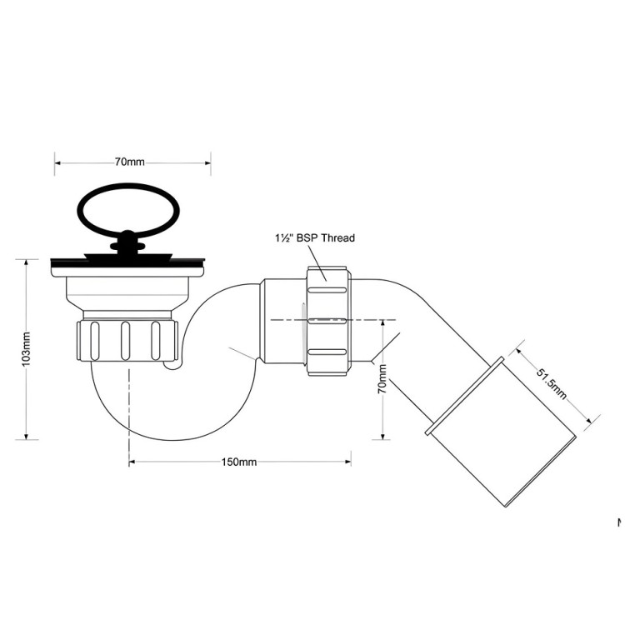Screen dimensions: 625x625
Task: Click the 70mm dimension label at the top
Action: (130, 162)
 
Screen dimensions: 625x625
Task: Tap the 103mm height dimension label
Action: (26, 349)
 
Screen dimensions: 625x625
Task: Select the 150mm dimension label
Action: (239, 462)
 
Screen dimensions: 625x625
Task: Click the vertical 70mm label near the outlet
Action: (382, 378)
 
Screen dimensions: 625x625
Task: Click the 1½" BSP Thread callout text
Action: (315, 238)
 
